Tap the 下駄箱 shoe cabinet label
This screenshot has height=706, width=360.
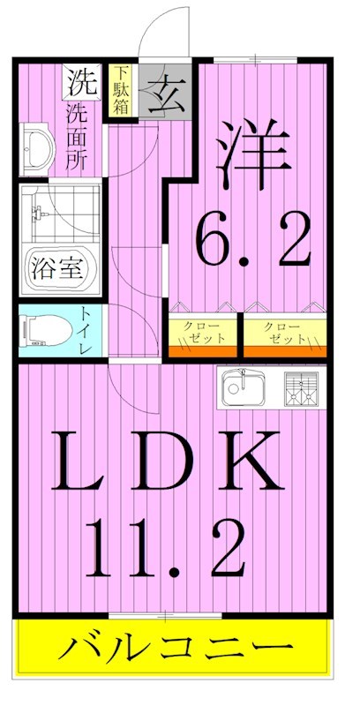[x=120, y=89]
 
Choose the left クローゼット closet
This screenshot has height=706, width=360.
[x=204, y=333]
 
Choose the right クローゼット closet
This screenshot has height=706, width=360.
[x=281, y=333]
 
